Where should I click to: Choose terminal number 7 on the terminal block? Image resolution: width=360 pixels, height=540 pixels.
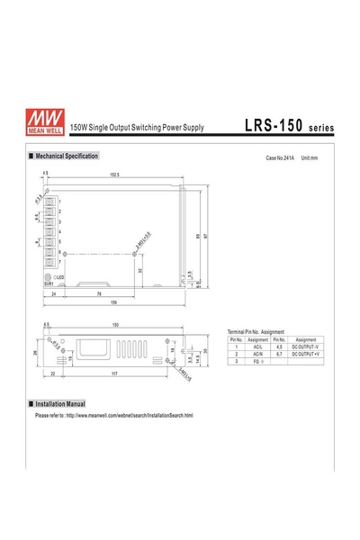(59, 262)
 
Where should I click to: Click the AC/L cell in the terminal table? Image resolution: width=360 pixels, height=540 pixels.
(257, 346)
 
